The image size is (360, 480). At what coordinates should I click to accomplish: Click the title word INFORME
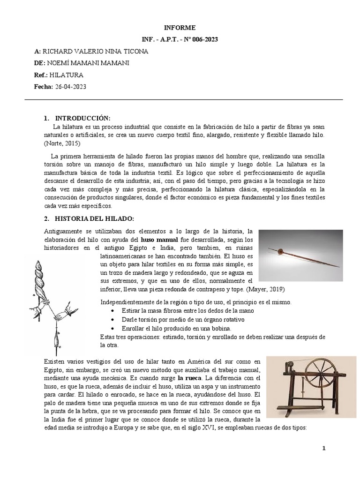click(x=180, y=28)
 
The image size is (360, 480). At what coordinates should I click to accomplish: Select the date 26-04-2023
click(x=70, y=87)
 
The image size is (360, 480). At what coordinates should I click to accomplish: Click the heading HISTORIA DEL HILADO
click(x=95, y=219)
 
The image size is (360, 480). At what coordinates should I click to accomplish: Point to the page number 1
click(x=323, y=448)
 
